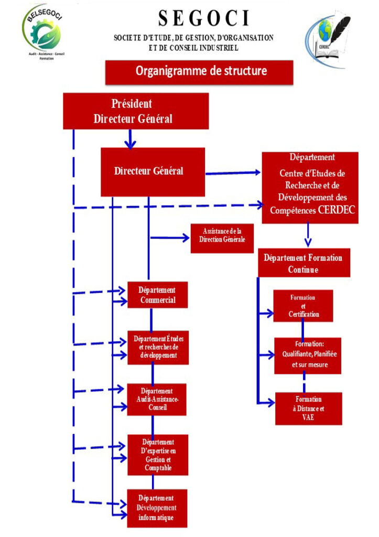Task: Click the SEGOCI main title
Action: point(204,19)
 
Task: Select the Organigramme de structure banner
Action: point(199,71)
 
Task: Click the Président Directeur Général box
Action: point(135,111)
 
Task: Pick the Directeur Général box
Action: point(152,171)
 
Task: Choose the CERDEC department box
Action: point(310,188)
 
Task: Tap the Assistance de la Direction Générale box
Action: point(222,238)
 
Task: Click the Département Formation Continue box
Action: point(304,263)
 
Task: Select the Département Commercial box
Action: point(157,295)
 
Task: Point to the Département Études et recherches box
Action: point(157,346)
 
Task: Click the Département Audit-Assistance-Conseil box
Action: point(157,399)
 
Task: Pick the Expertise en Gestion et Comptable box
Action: point(157,455)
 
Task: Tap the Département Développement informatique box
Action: point(157,507)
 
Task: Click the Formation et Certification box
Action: point(303,306)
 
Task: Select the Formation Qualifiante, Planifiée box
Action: point(308,355)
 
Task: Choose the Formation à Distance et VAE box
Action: point(308,408)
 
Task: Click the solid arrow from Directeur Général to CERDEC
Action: point(233,173)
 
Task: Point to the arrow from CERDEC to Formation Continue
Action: point(308,234)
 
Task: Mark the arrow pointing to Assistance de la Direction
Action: point(170,238)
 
